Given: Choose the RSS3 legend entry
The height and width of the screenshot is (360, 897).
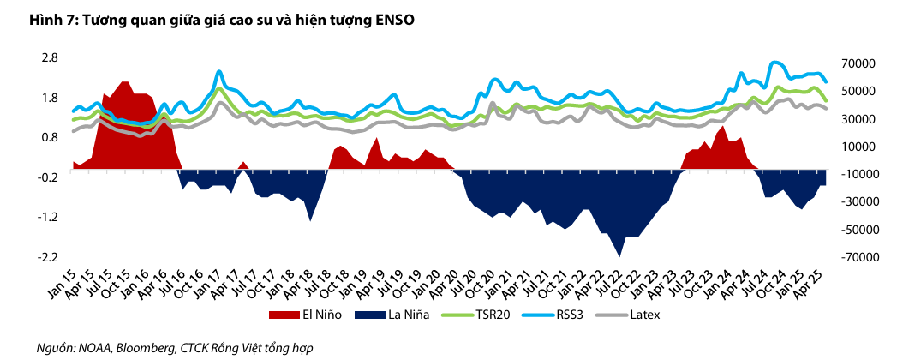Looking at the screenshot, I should tap(576, 315).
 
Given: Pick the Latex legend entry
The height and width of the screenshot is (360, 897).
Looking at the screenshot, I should tap(651, 315).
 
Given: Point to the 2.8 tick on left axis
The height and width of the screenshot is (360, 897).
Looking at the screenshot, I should tap(49, 57).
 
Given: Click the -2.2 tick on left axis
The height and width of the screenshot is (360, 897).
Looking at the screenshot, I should tap(47, 256).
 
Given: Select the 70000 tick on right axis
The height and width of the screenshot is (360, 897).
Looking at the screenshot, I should tap(857, 63).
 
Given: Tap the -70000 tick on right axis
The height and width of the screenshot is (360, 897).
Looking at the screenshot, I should tap(855, 256).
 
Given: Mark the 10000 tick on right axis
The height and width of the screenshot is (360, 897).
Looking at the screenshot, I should tap(857, 147).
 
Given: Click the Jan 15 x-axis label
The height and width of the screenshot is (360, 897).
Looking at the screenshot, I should tap(58, 282).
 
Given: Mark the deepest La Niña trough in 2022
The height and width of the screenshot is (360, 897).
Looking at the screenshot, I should tap(619, 255).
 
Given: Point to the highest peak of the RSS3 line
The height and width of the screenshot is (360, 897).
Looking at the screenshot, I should tap(775, 63).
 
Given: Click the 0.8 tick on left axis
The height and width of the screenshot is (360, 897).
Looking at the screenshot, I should tap(49, 137).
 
